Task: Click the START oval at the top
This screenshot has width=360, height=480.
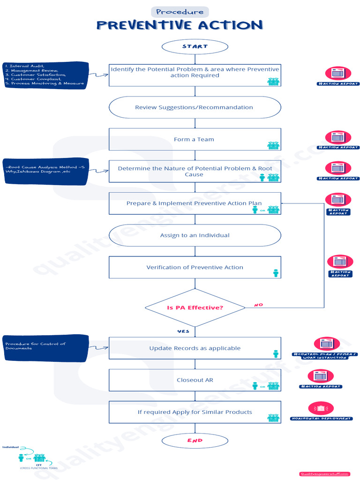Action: click(195, 46)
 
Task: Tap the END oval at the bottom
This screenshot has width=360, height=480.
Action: click(195, 441)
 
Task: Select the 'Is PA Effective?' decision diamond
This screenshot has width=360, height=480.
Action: click(195, 307)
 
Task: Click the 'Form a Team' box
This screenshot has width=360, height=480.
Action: click(195, 139)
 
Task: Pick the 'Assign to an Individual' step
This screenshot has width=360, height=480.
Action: click(195, 235)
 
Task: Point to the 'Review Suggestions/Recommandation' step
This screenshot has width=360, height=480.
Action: click(195, 107)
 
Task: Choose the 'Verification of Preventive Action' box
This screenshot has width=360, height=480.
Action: click(195, 267)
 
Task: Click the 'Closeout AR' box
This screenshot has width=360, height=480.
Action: click(195, 380)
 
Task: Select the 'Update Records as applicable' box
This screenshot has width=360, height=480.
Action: click(195, 348)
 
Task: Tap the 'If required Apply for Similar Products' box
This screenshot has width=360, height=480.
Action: click(195, 412)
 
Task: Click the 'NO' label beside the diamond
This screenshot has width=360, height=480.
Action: click(258, 305)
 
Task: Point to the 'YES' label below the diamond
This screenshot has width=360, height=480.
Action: click(183, 331)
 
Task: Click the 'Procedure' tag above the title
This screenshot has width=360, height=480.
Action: click(180, 12)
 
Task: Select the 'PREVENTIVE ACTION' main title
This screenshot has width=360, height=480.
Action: click(180, 25)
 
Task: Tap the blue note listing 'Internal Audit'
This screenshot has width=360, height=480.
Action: click(45, 75)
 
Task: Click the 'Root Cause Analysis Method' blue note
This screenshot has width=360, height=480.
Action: click(45, 171)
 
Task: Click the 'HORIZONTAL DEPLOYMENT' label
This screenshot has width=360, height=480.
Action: click(321, 418)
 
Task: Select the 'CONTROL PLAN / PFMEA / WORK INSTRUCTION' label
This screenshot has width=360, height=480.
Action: click(324, 356)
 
